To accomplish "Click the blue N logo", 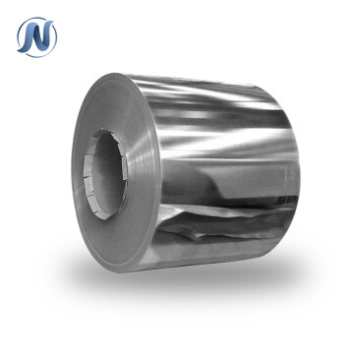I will [x=37, y=36].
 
